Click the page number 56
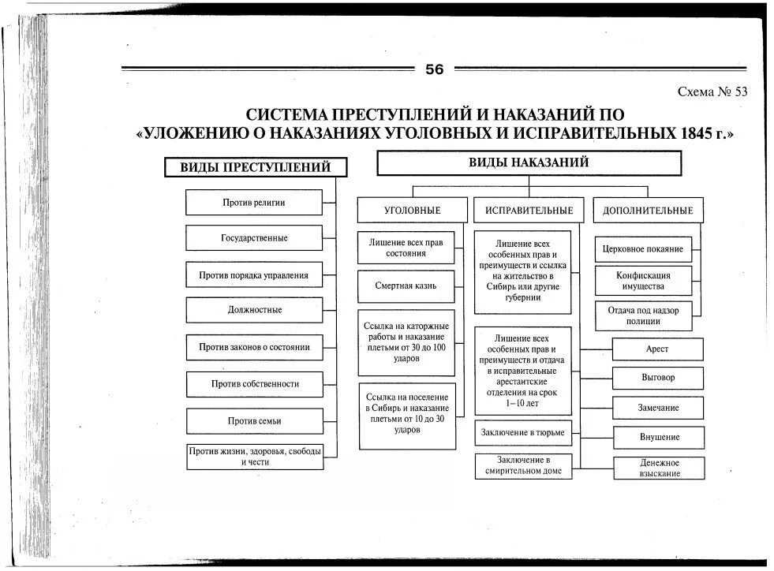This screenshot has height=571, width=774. tap(434, 69)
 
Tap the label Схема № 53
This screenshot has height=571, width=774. tap(712, 91)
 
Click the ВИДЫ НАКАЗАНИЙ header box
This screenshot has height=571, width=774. tap(529, 162)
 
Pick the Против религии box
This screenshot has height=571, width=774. tap(254, 203)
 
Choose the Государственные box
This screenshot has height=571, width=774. tap(254, 238)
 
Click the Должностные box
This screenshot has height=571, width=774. tap(254, 310)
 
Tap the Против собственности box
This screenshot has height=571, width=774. tap(254, 384)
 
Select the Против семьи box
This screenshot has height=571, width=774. tap(254, 421)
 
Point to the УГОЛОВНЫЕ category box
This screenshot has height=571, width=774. tap(412, 211)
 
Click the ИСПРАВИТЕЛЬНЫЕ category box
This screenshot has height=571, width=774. tap(529, 211)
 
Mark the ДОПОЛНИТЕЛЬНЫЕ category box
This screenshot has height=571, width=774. tap(647, 211)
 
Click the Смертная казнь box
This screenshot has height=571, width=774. tap(406, 286)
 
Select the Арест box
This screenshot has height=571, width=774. tap(658, 349)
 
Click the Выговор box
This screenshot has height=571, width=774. tap(658, 378)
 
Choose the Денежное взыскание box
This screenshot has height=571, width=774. tap(658, 468)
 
